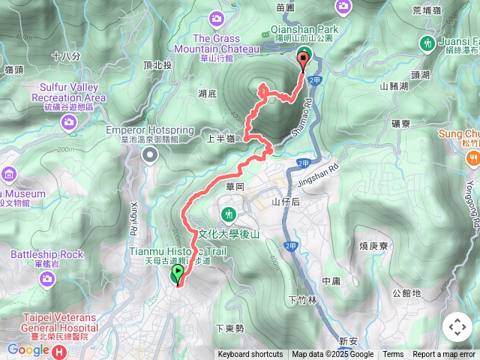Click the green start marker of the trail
click(178, 276)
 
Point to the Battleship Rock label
click(46, 254)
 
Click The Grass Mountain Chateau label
click(216, 43)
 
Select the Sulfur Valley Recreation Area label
click(68, 92)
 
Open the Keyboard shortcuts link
click(250, 355)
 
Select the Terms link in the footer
click(393, 355)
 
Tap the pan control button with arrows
click(457, 327)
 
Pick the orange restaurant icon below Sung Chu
click(473, 157)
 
